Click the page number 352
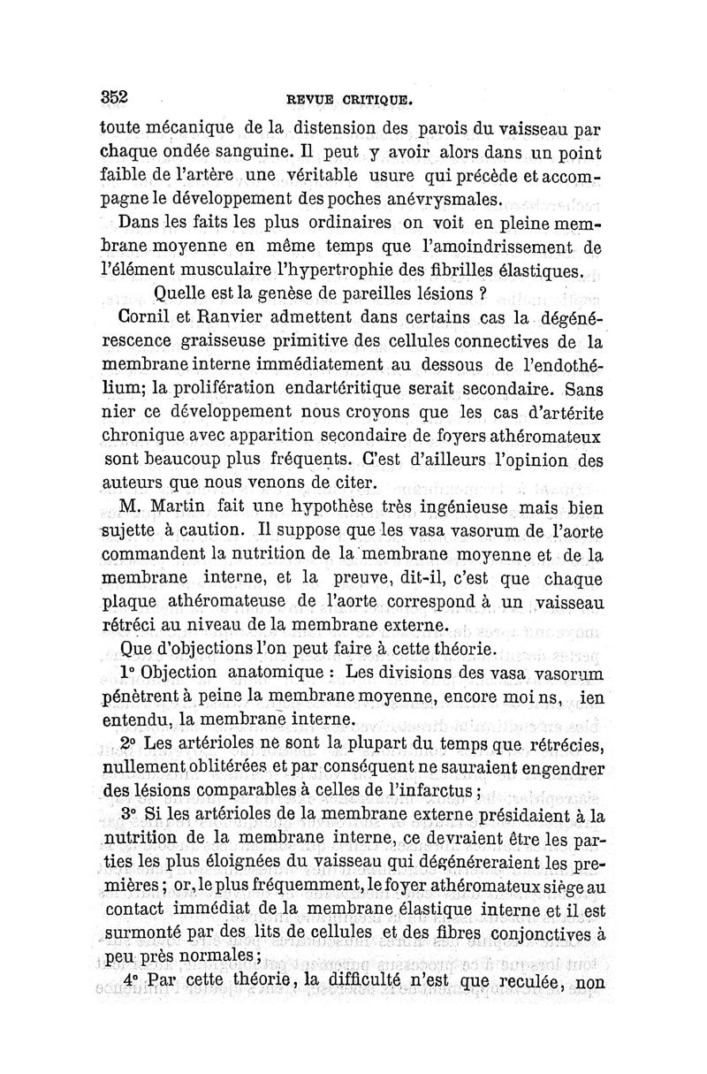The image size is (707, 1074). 116,98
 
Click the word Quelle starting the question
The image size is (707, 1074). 181,293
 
